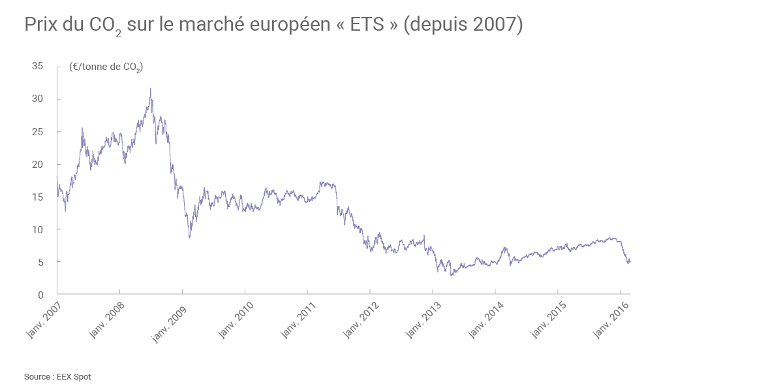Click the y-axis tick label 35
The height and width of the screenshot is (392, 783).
37,66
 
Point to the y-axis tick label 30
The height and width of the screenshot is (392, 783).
37,99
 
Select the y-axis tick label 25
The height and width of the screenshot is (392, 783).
37,131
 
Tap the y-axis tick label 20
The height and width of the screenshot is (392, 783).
37,164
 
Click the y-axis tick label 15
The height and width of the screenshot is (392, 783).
37,197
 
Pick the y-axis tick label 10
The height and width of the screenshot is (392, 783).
37,229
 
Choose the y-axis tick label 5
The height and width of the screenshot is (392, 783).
40,262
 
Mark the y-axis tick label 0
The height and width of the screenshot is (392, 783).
40,295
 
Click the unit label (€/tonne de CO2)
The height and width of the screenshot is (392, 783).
106,67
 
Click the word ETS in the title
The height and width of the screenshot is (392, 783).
363,25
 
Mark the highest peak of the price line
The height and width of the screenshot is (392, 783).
150,89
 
